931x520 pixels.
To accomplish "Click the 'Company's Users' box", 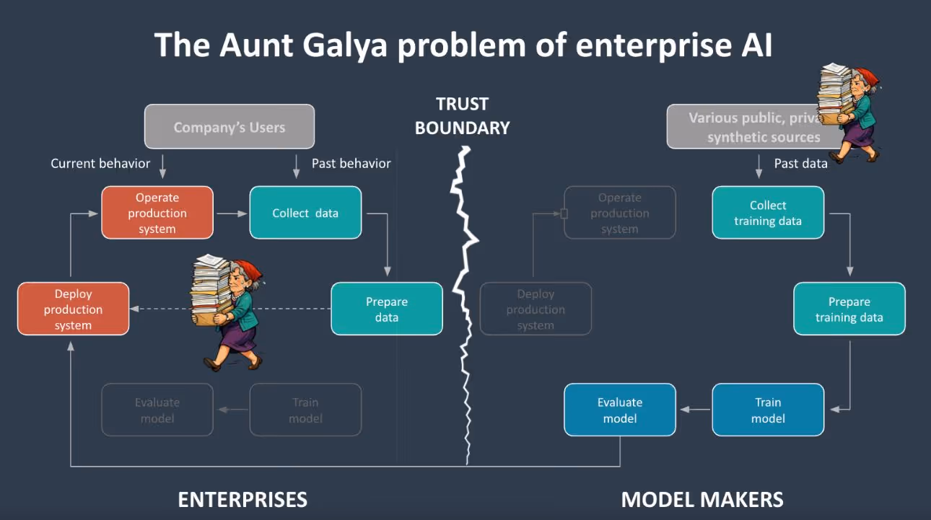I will [230, 127].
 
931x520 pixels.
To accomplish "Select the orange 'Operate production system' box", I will [157, 213].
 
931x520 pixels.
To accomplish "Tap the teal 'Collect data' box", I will [305, 213].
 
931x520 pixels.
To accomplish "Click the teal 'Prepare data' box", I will [387, 309].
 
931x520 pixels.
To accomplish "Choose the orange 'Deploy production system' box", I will [73, 309].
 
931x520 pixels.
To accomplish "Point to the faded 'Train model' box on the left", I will [305, 410].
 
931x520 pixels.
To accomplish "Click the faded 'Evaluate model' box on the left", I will [157, 410].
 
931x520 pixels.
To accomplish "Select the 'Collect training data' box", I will [768, 213].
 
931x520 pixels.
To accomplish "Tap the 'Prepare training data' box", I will [849, 309].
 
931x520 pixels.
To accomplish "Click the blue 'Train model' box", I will [768, 410].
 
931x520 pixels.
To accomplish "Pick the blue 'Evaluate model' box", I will [620, 410].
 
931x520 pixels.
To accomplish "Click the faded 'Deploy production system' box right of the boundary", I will [536, 309].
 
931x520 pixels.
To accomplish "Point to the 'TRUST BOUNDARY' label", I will [463, 116].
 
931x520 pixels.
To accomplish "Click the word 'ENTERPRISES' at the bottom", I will [242, 499].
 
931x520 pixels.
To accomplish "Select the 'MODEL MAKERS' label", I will [702, 499].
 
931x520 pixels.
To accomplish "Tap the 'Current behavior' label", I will [100, 164].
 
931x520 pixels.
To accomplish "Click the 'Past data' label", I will [800, 164].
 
